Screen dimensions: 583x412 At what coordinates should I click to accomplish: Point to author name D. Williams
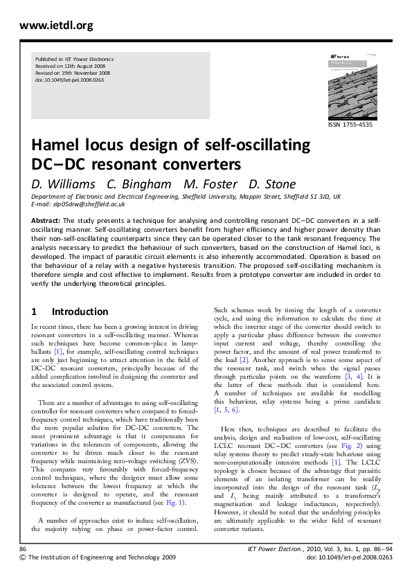point(63,184)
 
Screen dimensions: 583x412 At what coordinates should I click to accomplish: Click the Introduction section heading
point(80,312)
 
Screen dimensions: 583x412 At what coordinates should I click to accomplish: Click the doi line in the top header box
point(69,80)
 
